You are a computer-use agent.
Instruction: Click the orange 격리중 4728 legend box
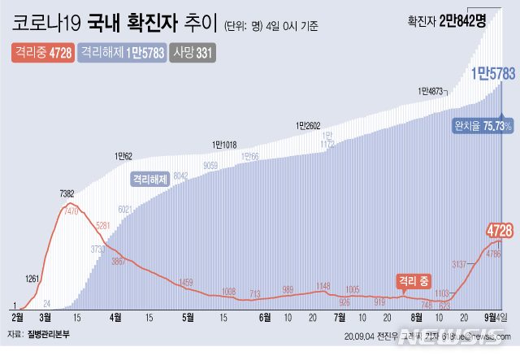click(45, 53)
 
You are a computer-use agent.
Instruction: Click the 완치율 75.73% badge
click(483, 126)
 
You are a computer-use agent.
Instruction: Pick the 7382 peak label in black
click(67, 193)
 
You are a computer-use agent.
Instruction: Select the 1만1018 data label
click(223, 145)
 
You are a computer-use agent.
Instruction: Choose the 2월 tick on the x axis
click(19, 317)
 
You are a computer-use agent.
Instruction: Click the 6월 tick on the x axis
click(265, 317)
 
